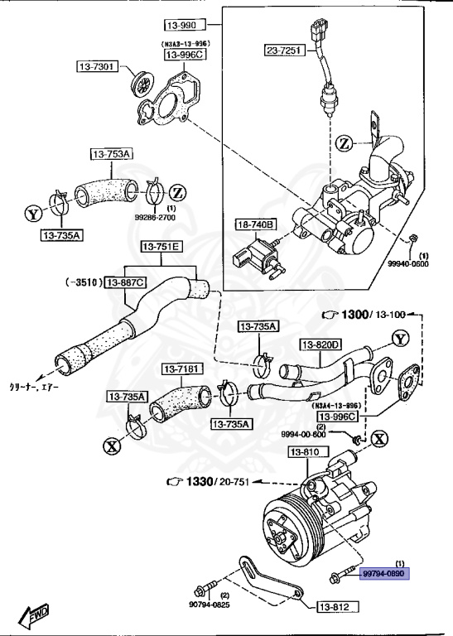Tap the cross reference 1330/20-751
point(209,481)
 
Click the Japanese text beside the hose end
point(34,388)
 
